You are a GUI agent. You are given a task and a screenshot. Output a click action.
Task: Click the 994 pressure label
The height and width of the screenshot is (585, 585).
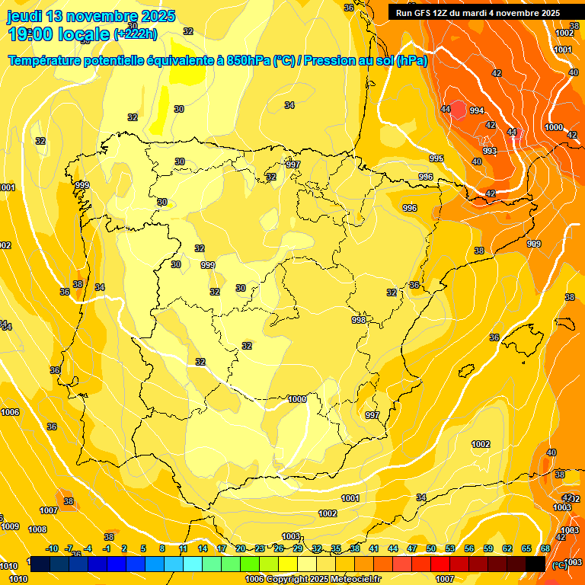[x=477, y=110]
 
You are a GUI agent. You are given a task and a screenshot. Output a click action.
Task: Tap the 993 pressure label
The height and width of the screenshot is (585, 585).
[x=490, y=151]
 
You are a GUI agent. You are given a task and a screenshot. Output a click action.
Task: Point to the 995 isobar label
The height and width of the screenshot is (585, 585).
[x=436, y=158]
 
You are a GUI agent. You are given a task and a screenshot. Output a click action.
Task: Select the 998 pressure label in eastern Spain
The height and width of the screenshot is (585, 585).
[x=359, y=320]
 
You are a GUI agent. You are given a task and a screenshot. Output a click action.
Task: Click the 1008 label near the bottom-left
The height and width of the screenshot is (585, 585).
[x=37, y=529]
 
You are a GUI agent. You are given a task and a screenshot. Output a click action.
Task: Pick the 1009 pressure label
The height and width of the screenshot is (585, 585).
[x=11, y=526]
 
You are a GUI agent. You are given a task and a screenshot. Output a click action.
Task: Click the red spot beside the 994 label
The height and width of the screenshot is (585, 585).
[x=458, y=110]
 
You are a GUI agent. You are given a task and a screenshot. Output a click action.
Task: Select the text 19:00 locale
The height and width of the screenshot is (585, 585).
[x=59, y=34]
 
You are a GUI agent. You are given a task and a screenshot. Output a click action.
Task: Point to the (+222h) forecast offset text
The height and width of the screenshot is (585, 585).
[x=136, y=34]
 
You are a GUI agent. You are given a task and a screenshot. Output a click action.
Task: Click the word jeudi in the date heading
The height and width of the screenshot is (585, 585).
[x=24, y=16]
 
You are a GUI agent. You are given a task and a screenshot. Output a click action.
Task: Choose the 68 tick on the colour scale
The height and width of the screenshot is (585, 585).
[x=545, y=548]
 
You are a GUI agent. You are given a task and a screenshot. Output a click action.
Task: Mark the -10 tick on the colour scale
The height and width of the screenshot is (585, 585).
[x=52, y=548]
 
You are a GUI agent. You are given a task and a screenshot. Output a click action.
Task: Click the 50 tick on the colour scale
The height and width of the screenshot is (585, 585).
[x=431, y=548]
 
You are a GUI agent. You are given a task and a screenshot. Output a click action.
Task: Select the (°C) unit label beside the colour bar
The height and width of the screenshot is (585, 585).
[x=560, y=564]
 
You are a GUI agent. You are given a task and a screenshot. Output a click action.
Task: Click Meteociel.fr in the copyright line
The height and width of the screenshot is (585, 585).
[x=353, y=579]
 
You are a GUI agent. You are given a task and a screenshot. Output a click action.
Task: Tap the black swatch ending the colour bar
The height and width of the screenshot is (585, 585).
[x=535, y=564]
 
